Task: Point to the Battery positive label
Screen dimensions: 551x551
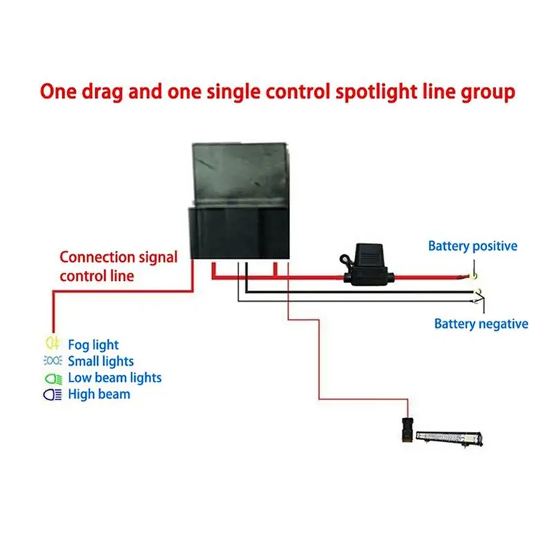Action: (x=472, y=246)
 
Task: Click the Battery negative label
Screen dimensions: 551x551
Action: (x=481, y=324)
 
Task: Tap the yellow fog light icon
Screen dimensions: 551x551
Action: (x=53, y=344)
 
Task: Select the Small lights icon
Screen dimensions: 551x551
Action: (x=53, y=361)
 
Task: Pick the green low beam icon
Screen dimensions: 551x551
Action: (x=53, y=378)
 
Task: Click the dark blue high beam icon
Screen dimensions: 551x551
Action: (x=53, y=395)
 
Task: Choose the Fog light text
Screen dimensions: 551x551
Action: (x=93, y=344)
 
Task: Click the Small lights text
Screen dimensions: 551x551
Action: (x=101, y=361)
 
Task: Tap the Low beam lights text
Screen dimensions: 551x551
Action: (x=114, y=378)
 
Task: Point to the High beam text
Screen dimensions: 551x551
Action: (x=98, y=395)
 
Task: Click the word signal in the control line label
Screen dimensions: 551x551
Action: (x=158, y=258)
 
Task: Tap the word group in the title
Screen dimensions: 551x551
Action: (x=491, y=92)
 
